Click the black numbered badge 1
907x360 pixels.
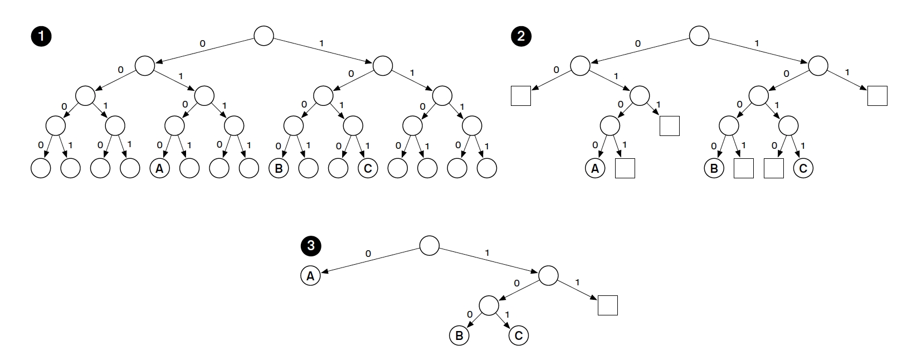point(41,37)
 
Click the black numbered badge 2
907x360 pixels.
point(521,37)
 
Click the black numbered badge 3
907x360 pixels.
point(310,245)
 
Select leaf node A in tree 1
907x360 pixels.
point(159,168)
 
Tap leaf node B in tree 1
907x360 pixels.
point(279,168)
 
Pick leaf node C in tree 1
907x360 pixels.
point(368,168)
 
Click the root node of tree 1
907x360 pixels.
point(264,36)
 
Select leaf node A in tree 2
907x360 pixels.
point(595,168)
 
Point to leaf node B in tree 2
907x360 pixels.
point(714,168)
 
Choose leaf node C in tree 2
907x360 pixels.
point(803,168)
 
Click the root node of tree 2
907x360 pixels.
point(699,36)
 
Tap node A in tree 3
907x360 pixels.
point(310,275)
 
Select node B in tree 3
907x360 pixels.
point(459,335)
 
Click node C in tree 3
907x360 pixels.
point(519,335)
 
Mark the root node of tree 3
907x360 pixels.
point(429,245)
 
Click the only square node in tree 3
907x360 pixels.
point(608,305)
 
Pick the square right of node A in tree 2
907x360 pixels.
point(625,168)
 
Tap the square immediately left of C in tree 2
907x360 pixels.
point(773,168)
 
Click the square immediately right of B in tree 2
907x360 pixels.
point(744,168)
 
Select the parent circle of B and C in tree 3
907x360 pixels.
point(489,305)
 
